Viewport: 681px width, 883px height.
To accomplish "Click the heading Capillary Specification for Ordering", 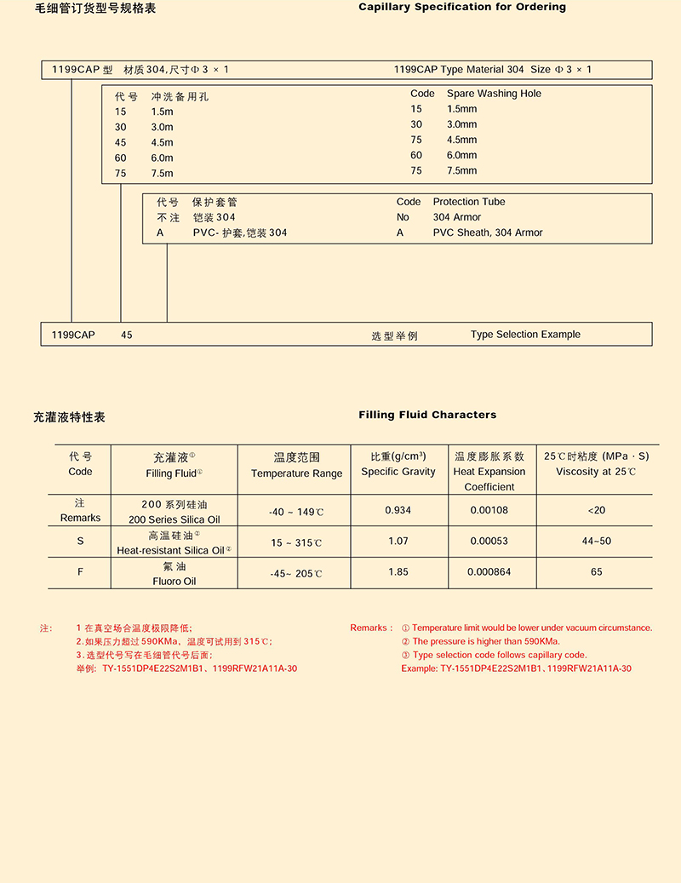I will click(462, 8).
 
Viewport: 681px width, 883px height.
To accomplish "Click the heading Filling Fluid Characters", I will click(427, 416).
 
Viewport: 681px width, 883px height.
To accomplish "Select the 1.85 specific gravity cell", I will click(398, 572).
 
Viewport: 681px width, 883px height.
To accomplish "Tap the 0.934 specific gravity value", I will click(398, 510).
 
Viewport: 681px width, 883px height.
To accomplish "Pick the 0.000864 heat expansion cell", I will click(489, 572).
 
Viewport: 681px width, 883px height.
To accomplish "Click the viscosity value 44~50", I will click(596, 542).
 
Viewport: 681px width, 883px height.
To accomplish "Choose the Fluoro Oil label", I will click(174, 582).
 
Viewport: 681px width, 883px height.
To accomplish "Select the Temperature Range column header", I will click(296, 474).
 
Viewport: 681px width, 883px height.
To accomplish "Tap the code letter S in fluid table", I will click(80, 542).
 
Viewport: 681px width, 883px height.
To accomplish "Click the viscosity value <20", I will click(596, 510).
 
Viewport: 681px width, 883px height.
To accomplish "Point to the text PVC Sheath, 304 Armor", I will click(488, 232).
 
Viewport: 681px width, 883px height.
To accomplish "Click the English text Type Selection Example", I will click(525, 335).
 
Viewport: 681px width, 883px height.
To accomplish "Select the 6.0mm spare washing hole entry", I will click(462, 155).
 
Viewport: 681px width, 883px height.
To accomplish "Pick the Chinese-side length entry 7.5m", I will click(162, 174).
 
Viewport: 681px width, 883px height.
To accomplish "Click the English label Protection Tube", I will click(469, 202).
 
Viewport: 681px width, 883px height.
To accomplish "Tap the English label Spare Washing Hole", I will click(494, 94).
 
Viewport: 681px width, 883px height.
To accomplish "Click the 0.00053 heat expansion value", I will click(489, 542).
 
